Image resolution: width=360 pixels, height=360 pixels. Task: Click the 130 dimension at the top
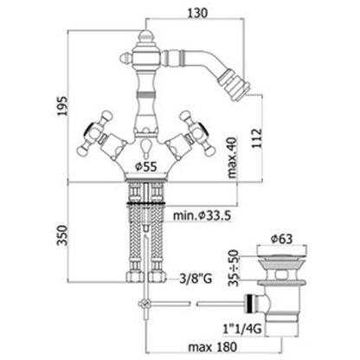[197, 13]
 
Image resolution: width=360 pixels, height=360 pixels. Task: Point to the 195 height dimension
[62, 106]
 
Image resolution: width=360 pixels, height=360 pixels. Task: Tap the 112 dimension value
[257, 138]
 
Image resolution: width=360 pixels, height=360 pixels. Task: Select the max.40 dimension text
[232, 157]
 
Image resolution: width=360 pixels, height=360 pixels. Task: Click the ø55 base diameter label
[146, 166]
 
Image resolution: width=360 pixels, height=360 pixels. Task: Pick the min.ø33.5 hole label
[202, 215]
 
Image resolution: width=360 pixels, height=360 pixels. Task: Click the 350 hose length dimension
[62, 235]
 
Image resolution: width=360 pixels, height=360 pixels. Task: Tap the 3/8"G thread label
[196, 279]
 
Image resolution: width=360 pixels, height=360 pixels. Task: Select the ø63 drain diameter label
[281, 239]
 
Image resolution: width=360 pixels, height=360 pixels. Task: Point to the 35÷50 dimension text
[234, 267]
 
